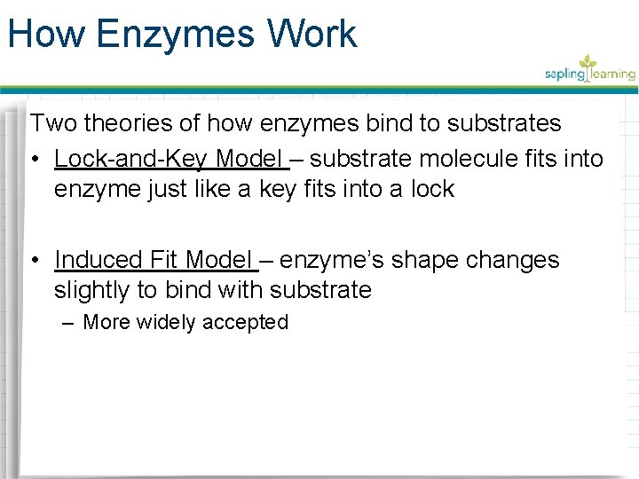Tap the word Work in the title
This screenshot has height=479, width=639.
tap(316, 35)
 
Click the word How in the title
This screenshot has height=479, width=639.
tap(46, 35)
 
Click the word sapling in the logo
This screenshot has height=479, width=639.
tap(564, 75)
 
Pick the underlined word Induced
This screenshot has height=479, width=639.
tap(99, 260)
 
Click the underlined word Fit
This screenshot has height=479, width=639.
tap(165, 260)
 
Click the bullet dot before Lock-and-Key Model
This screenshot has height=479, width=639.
tap(35, 160)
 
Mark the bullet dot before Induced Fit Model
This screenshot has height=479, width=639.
tap(35, 261)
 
